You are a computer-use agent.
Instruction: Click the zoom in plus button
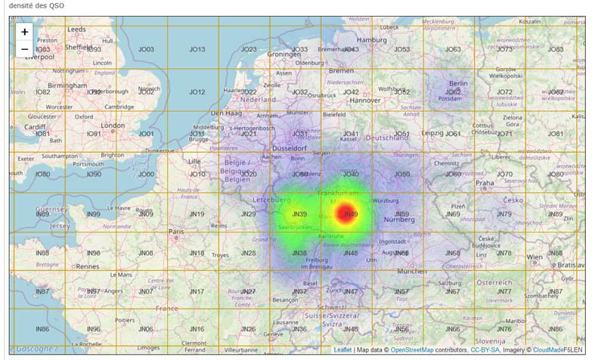[x=25, y=32]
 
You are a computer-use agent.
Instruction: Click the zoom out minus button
[x=25, y=49]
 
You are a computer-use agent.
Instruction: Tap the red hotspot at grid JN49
[x=347, y=213]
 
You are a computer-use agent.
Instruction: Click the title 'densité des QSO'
[x=36, y=6]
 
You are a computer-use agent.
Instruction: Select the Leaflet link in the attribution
[x=343, y=350]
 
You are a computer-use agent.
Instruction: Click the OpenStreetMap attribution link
[x=412, y=350]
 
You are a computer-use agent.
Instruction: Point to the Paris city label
[x=177, y=231]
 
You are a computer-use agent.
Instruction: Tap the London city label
[x=113, y=126]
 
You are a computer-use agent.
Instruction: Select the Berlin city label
[x=459, y=83]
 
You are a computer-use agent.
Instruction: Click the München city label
[x=411, y=271]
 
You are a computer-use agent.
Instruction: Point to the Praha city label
[x=485, y=182]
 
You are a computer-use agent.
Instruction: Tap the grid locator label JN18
[x=197, y=253]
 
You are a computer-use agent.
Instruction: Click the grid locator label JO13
[x=197, y=49]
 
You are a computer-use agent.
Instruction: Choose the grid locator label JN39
[x=299, y=214]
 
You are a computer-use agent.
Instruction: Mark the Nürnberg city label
[x=401, y=220]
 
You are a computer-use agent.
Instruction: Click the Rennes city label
[x=88, y=266]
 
